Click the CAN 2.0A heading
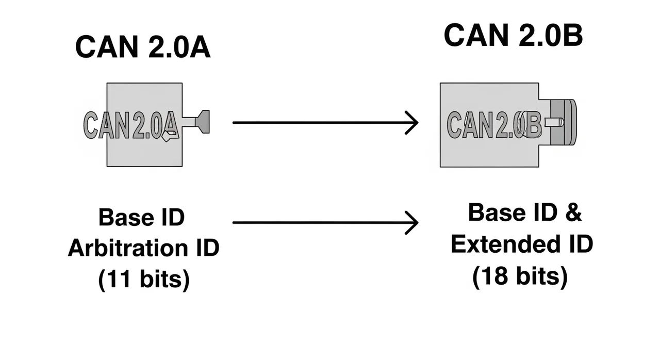point(143,48)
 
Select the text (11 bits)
point(144,279)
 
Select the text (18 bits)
point(520,276)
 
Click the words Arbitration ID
point(144,248)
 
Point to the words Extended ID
point(522,244)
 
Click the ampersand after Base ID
point(573,212)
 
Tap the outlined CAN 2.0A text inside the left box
point(131,125)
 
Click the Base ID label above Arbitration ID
point(141,217)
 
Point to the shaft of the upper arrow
point(320,123)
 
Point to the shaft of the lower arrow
point(320,223)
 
